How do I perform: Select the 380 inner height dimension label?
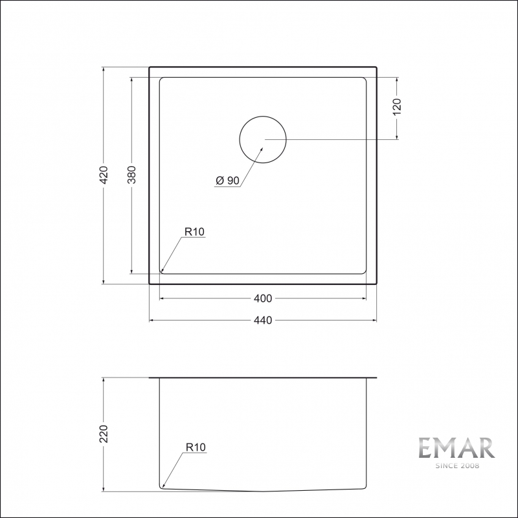[x=132, y=175]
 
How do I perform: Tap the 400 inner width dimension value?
[x=263, y=298]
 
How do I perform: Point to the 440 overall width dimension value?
[x=263, y=320]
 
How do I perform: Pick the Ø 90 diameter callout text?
[x=227, y=181]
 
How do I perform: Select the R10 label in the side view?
[x=194, y=447]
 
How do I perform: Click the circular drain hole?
[x=263, y=139]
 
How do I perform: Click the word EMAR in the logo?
[x=456, y=448]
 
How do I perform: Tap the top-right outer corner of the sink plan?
[x=376, y=67]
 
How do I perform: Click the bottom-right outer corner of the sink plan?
[x=376, y=284]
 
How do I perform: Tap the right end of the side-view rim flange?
[x=376, y=377]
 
